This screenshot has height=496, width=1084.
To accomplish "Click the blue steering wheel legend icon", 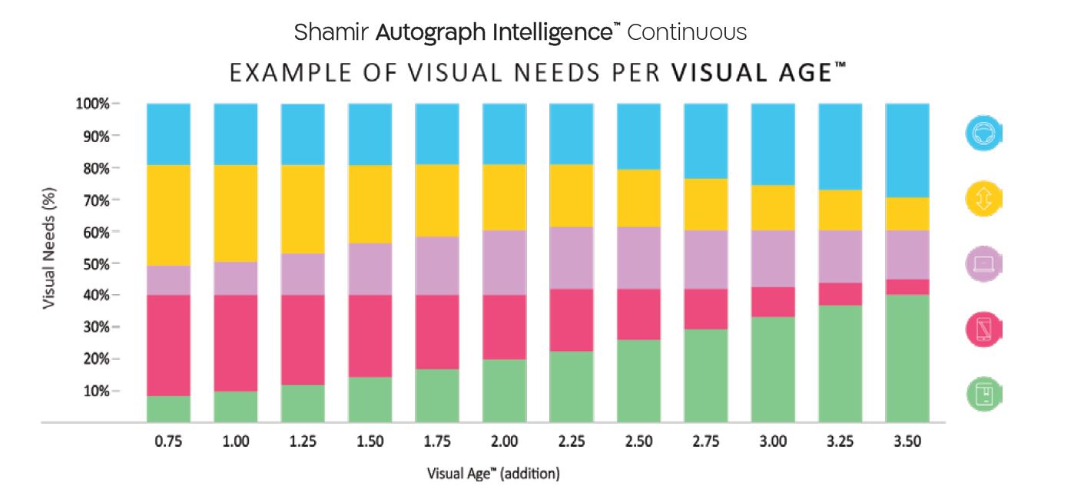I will (984, 134).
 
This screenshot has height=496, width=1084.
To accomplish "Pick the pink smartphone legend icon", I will (984, 329).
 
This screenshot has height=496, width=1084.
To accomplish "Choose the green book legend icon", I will (984, 395).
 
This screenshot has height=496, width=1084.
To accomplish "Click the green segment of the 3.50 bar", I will (907, 358).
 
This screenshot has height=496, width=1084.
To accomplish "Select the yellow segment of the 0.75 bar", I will (168, 215).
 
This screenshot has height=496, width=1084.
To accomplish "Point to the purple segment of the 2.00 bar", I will (504, 263).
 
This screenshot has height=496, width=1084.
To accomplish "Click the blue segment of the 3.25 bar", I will (840, 146).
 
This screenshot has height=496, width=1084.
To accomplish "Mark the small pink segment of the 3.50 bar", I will (907, 287).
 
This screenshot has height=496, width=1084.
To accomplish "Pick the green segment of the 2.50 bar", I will (638, 381).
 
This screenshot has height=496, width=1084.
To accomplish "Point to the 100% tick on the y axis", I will (96, 104).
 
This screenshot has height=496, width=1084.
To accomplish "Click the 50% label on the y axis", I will (96, 263).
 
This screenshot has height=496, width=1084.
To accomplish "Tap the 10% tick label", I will (96, 391).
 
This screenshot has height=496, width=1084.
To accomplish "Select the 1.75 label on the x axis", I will (437, 441).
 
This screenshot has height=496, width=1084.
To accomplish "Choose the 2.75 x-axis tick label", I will (706, 441).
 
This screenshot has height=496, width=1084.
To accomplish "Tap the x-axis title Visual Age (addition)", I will (493, 474).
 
